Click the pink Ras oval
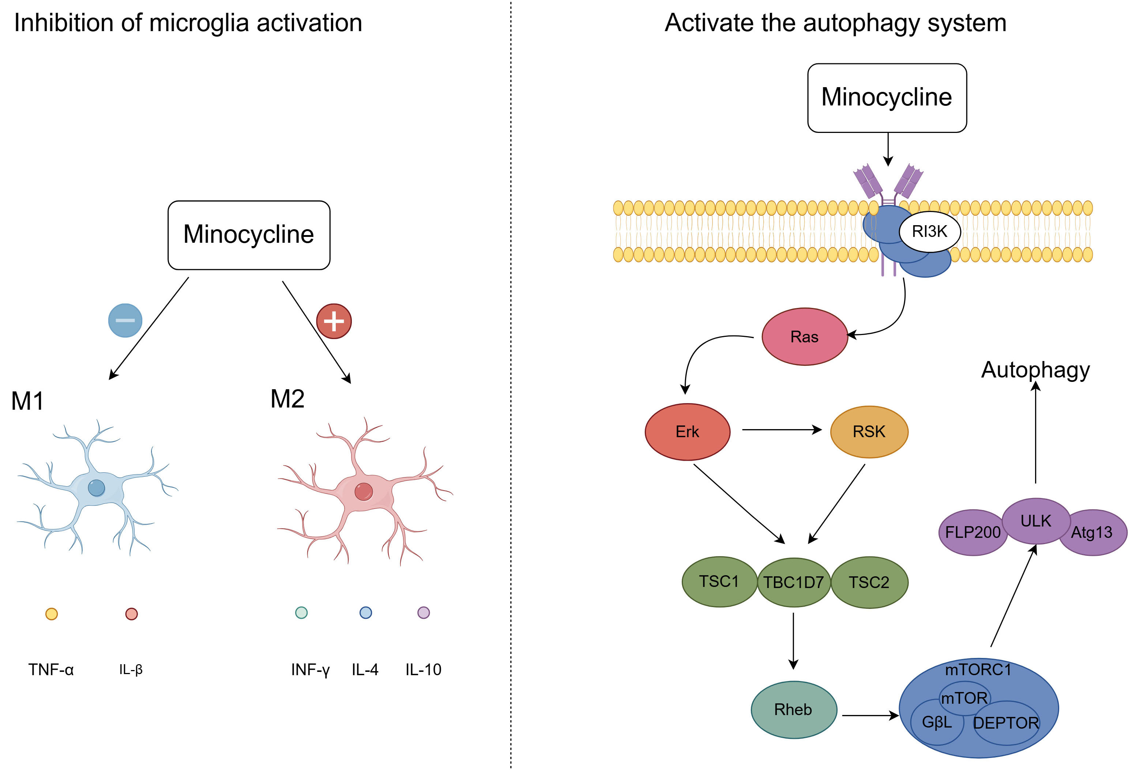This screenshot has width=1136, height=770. coord(804,336)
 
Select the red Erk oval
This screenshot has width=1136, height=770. coord(687,431)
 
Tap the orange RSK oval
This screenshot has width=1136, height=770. coord(869,431)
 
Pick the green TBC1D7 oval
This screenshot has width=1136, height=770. coord(793,582)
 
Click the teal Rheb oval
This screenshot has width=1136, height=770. coord(793,709)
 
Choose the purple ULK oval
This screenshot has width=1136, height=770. coord(1035,521)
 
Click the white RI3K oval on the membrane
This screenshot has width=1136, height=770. coord(929,231)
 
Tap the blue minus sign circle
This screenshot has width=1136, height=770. coord(125,320)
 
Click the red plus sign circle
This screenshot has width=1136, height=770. coord(334,321)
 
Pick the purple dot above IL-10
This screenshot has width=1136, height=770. coord(423,613)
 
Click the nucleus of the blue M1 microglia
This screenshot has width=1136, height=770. coord(96,488)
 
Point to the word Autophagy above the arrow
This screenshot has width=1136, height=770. coord(1035,370)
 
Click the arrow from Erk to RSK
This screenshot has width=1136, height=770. coord(781,429)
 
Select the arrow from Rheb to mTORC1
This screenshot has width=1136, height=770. coord(869,716)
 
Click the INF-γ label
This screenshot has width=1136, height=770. coord(311,669)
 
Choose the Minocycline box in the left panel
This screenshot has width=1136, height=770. coord(249,235)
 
